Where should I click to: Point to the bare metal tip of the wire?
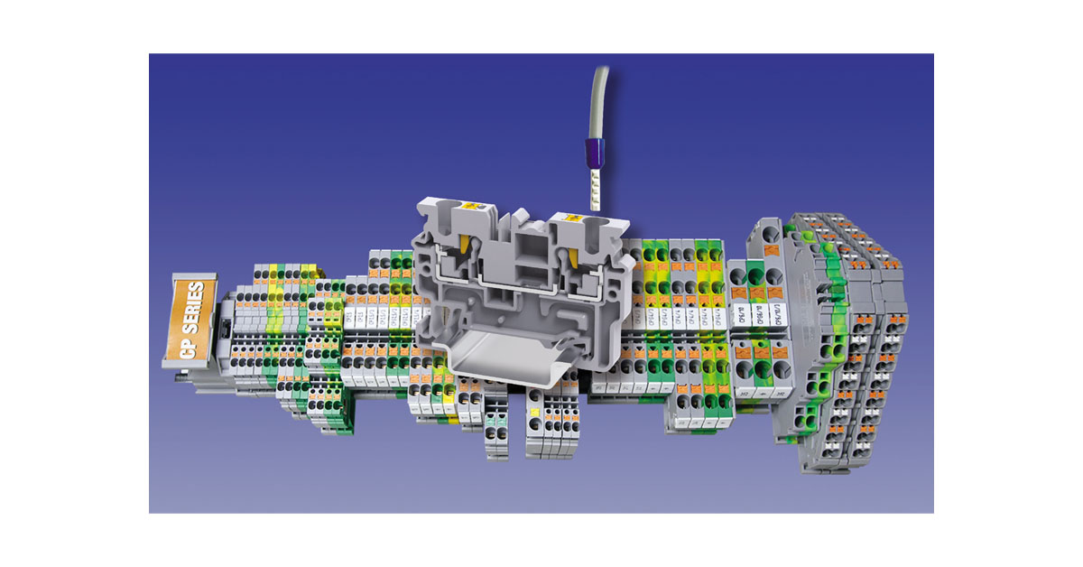pyautogui.click(x=594, y=191)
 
